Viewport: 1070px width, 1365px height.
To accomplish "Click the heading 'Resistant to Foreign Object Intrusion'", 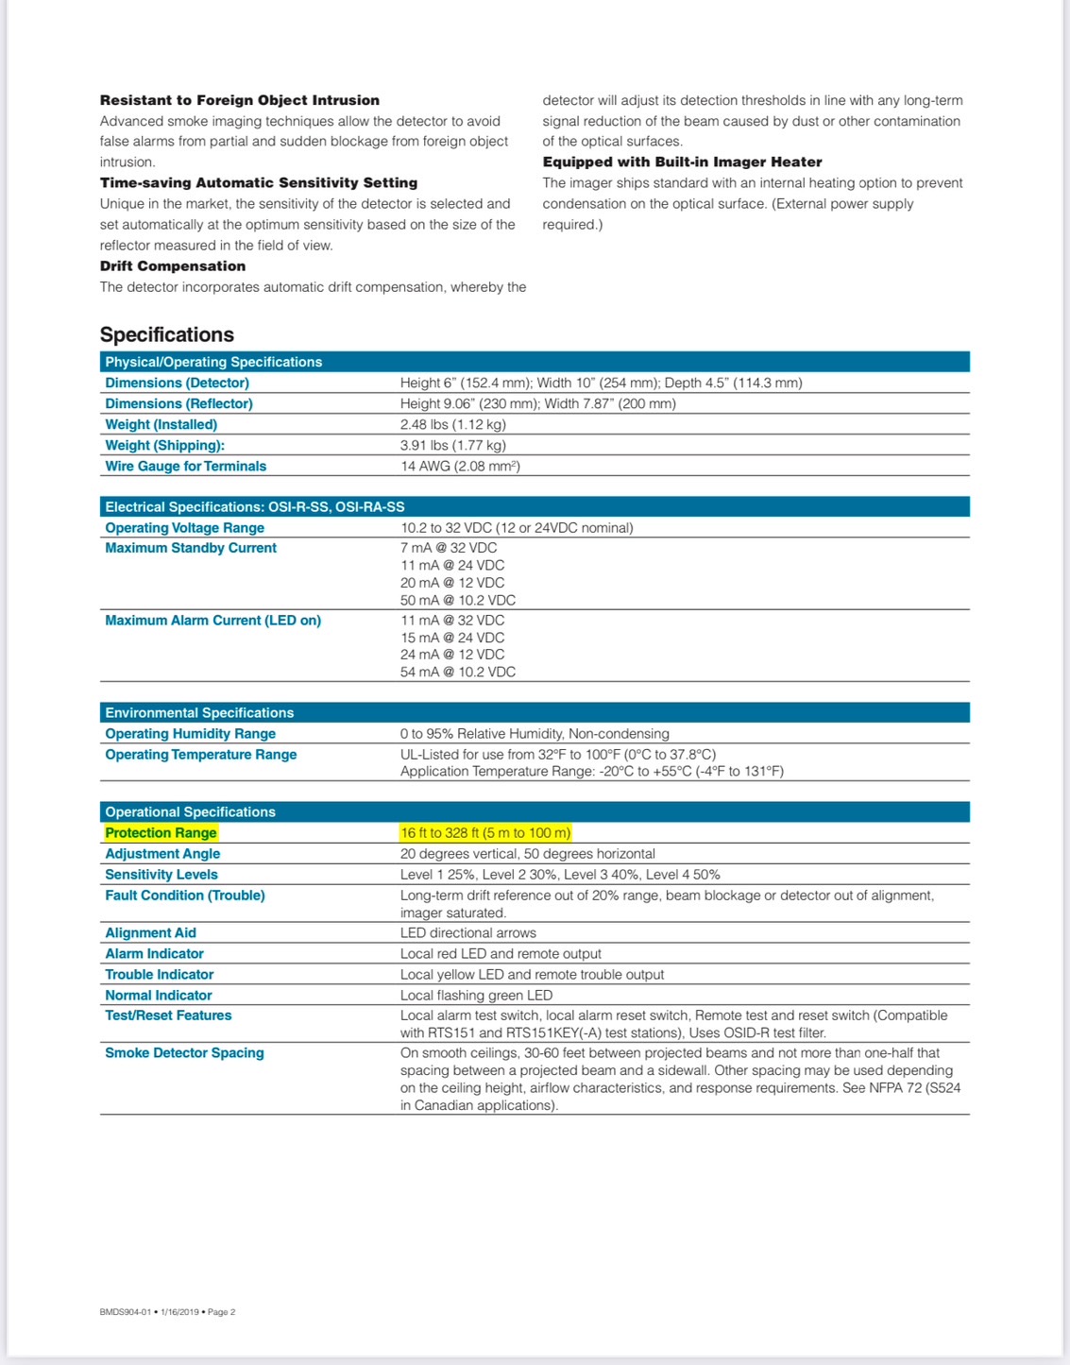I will [x=240, y=100].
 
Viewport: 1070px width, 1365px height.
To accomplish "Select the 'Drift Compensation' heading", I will [x=173, y=266].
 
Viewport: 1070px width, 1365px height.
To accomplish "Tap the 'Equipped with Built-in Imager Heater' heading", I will [x=682, y=162].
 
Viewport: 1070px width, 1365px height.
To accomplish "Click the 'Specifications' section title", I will [x=167, y=334].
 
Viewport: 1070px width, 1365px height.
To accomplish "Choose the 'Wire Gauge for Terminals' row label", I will [x=186, y=466].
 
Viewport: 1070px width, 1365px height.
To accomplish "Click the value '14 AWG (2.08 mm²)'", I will [x=460, y=466].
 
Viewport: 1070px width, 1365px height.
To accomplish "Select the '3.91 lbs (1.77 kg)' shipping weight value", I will [x=452, y=445].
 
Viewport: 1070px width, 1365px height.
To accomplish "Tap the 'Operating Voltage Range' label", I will [x=185, y=528].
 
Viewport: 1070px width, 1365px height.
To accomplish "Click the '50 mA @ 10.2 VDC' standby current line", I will [x=458, y=600].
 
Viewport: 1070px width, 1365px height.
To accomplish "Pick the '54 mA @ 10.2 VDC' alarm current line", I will [x=458, y=672].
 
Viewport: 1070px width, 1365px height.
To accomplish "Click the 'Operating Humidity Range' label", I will [x=191, y=734].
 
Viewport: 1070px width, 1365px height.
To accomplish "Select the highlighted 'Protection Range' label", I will [x=161, y=833].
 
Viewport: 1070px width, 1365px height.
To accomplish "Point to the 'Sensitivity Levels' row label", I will [x=161, y=875].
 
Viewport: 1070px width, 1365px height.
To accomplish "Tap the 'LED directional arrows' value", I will [x=468, y=933].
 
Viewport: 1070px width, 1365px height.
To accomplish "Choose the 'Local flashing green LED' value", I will [x=476, y=996].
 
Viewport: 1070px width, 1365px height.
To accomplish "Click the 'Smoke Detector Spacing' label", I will [x=184, y=1053].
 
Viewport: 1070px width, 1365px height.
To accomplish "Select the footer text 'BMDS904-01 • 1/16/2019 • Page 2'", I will [x=167, y=1312].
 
